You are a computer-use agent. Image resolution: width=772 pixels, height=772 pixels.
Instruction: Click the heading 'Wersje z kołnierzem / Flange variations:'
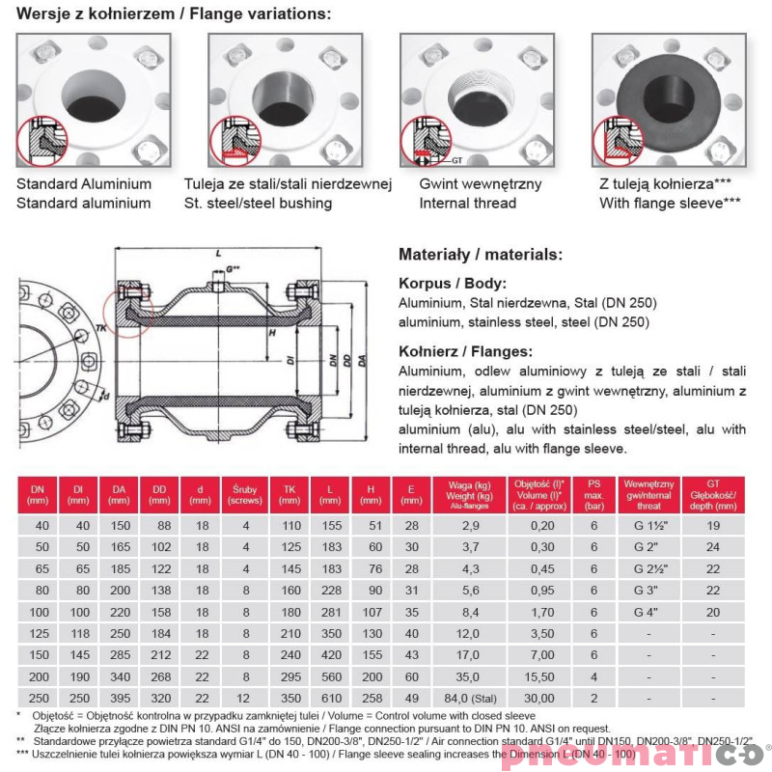coord(174,14)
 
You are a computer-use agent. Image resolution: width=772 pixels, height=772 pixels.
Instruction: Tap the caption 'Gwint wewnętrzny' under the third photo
coord(480,183)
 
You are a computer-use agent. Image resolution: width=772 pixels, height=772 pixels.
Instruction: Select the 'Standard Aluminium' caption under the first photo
coord(84,183)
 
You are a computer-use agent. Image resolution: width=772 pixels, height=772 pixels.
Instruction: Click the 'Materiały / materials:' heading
coord(480,255)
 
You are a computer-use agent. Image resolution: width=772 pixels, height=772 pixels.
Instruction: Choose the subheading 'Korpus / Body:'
coord(452,285)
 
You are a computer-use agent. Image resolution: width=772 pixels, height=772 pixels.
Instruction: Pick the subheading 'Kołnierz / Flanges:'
coord(465,352)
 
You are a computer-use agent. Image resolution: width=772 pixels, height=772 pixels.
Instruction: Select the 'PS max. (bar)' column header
coord(594,494)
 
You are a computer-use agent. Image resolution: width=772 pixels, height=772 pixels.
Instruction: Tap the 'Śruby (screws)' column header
coord(245,494)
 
